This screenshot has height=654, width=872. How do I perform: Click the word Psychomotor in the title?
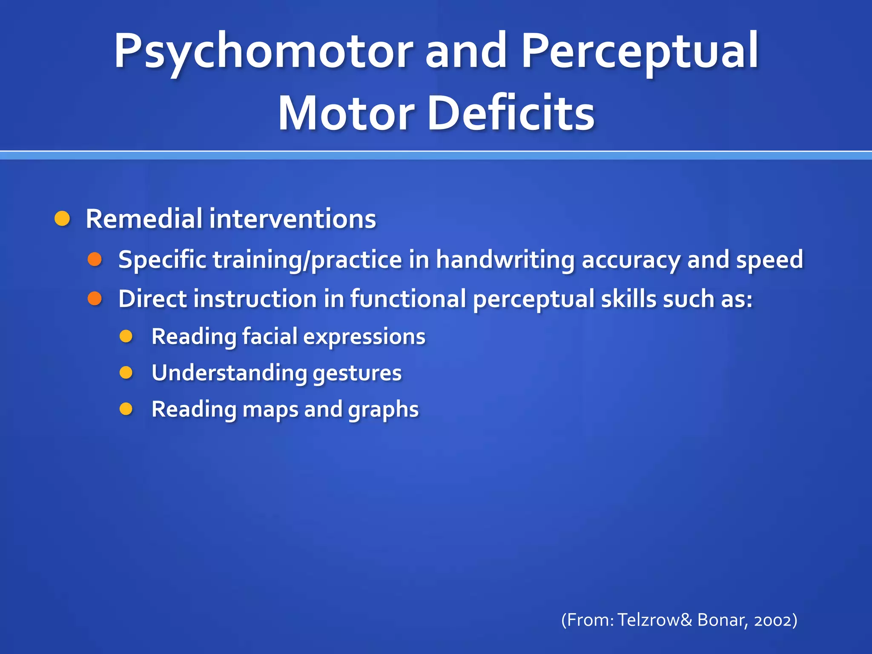[x=263, y=52]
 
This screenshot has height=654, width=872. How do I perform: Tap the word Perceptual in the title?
[x=640, y=52]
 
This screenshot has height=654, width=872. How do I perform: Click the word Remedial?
[x=144, y=219]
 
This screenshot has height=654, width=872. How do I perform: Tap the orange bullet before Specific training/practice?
[x=95, y=259]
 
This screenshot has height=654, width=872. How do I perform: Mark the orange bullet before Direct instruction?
[x=95, y=298]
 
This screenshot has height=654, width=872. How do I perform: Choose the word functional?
[x=408, y=298]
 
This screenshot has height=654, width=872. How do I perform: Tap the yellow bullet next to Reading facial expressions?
[x=126, y=337]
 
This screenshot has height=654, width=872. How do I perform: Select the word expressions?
[x=364, y=337]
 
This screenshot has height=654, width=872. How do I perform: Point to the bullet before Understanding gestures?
[x=126, y=373]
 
